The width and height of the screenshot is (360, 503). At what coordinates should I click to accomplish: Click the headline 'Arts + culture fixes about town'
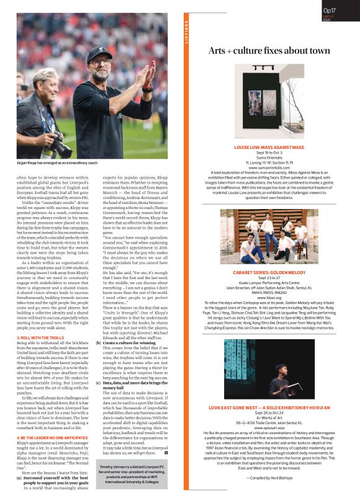(269, 50)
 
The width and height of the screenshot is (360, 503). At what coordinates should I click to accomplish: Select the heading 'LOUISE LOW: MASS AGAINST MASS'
(269, 148)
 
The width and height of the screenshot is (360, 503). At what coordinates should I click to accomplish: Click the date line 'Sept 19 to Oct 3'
(269, 153)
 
